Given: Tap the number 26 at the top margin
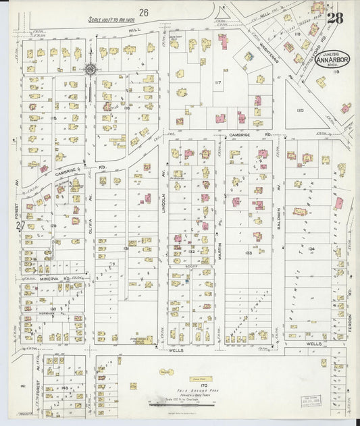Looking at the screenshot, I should [144, 12].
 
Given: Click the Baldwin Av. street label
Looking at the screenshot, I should [278, 196].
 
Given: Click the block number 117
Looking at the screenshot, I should [217, 82].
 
